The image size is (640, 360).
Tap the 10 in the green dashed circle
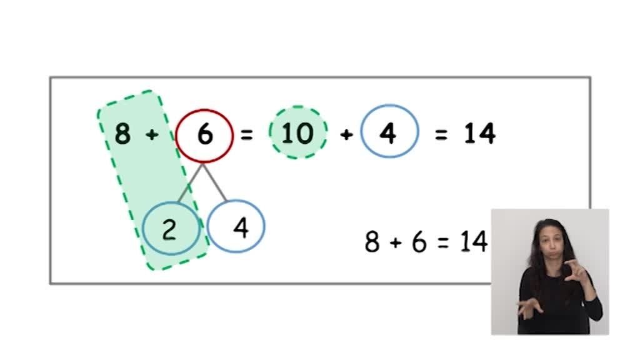297,133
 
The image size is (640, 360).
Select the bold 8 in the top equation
122,134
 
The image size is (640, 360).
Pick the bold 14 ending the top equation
480,133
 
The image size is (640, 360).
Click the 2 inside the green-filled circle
169,230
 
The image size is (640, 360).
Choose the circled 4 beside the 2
240,228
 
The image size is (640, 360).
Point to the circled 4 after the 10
388,133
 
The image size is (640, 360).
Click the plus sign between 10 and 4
346,134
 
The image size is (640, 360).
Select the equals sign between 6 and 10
247,134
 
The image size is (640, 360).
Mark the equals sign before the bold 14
441,134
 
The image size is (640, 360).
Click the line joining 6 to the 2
189,184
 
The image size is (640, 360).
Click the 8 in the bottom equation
372,242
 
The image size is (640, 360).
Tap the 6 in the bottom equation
419,242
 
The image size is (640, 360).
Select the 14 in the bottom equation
474,242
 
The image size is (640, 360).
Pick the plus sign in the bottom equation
395,242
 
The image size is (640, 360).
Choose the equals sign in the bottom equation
443,242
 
